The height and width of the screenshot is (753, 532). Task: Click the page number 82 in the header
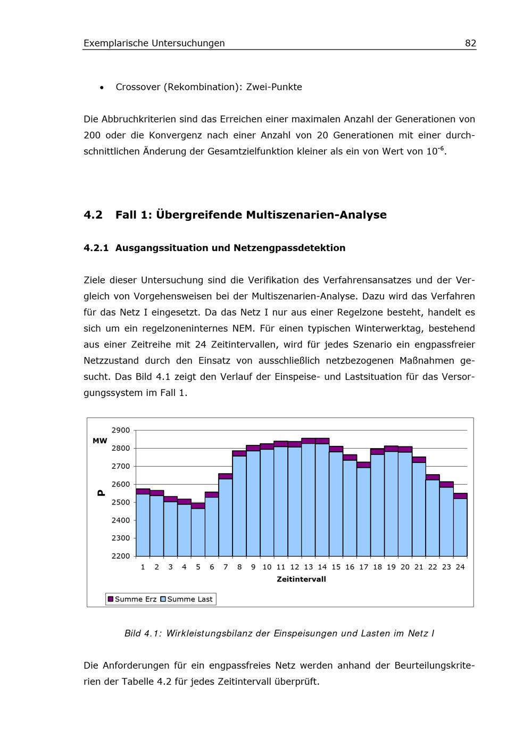pyautogui.click(x=470, y=43)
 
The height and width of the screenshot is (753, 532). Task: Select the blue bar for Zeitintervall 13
pyautogui.click(x=309, y=500)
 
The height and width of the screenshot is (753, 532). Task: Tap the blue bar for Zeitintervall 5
pyautogui.click(x=198, y=532)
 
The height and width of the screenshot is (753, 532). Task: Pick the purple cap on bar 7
pyautogui.click(x=226, y=476)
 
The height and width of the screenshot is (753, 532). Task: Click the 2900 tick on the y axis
pyautogui.click(x=121, y=430)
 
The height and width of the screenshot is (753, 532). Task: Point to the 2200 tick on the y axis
pyautogui.click(x=121, y=556)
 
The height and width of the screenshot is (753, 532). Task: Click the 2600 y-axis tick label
pyautogui.click(x=121, y=484)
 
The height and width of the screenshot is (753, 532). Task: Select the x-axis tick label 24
pyautogui.click(x=460, y=567)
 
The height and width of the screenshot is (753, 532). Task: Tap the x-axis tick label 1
pyautogui.click(x=143, y=567)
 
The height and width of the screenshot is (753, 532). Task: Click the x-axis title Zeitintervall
pyautogui.click(x=301, y=579)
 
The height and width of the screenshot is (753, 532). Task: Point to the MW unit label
pyautogui.click(x=100, y=441)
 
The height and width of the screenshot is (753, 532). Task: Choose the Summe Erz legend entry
pyautogui.click(x=132, y=599)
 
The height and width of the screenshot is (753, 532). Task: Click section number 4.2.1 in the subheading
pyautogui.click(x=96, y=248)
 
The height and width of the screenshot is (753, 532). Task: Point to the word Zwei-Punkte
pyautogui.click(x=274, y=87)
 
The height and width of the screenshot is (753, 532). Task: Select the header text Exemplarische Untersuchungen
pyautogui.click(x=154, y=43)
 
